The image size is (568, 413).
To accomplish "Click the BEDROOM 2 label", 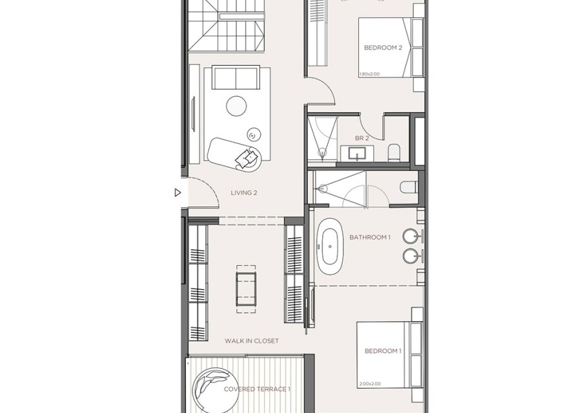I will pyautogui.click(x=383, y=47).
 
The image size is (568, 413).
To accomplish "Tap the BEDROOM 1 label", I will pyautogui.click(x=383, y=351).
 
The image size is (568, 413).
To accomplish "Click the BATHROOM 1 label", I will pyautogui.click(x=370, y=237).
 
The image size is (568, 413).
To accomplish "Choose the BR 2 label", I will pyautogui.click(x=361, y=138).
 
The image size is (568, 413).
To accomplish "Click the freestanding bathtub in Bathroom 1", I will pyautogui.click(x=330, y=246).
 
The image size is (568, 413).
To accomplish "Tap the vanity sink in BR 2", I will pyautogui.click(x=357, y=154).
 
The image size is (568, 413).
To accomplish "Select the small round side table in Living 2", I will pyautogui.click(x=253, y=134).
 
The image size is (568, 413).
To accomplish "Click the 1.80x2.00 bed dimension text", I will pyautogui.click(x=369, y=74).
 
